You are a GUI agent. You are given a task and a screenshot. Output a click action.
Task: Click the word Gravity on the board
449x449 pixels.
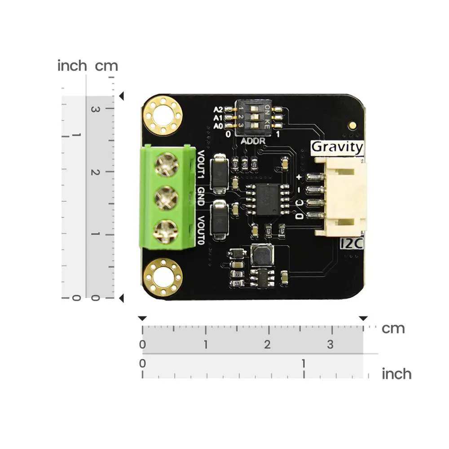tap(337, 147)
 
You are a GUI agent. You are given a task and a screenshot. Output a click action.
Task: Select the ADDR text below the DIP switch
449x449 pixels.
tap(253, 141)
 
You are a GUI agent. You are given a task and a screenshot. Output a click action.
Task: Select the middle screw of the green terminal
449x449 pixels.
tap(166, 197)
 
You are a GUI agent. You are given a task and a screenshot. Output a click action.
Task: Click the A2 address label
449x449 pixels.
tap(218, 109)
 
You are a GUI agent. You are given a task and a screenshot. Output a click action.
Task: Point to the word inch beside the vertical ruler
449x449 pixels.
tap(72, 66)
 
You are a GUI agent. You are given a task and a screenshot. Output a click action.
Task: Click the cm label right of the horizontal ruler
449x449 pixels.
tap(393, 329)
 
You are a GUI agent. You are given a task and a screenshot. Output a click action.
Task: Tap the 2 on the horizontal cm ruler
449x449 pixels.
tap(268, 345)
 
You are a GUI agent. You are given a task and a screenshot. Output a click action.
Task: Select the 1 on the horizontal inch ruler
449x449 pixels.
tap(304, 363)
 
